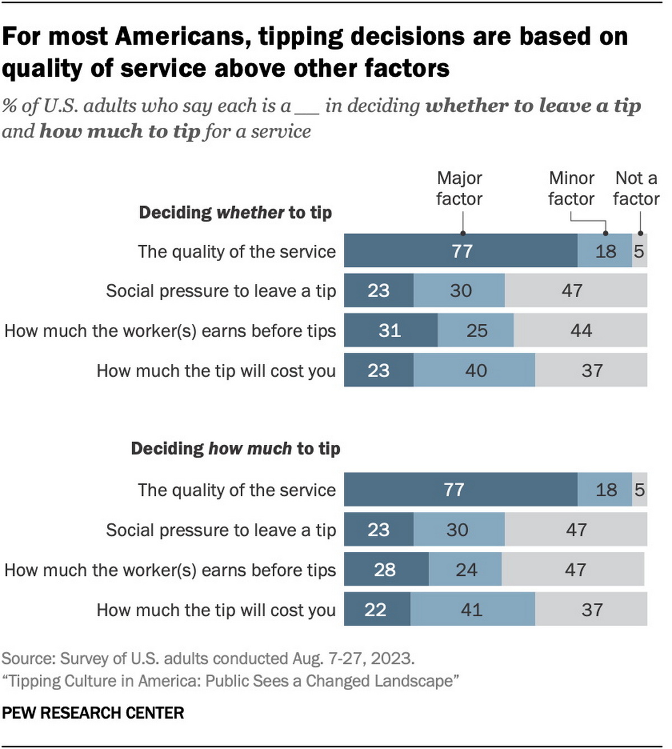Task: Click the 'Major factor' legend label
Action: pos(459,188)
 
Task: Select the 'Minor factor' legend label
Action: pos(571,188)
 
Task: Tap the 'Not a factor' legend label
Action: pos(636,188)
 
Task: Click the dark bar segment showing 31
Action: pos(390,331)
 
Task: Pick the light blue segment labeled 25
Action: pos(475,331)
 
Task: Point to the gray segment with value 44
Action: pos(580,331)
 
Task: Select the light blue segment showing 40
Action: pos(474,370)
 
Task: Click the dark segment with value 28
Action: pos(386,569)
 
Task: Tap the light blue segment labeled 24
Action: pos(465,569)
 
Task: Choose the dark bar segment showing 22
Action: pos(377,609)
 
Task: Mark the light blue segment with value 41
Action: pos(472,609)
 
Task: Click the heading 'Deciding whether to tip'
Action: pos(235,212)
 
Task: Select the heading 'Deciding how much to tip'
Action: pos(235,449)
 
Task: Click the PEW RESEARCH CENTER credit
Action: pos(93,713)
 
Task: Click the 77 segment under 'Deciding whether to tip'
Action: pos(461,251)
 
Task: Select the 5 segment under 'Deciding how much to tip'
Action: pos(640,490)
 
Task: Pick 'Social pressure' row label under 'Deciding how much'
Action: pos(221,530)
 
